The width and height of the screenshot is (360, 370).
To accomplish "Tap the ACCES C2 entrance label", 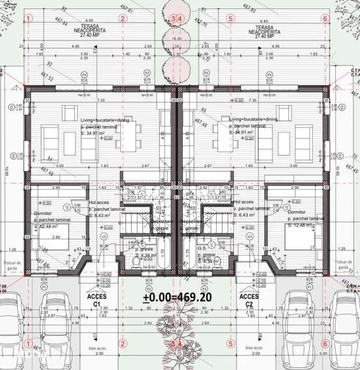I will point(249,300).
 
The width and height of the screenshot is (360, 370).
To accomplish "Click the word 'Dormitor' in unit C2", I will point(299,211).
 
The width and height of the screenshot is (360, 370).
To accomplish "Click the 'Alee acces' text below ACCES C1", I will point(92,348).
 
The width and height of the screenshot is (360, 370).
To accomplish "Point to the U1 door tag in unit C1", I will point(103,236).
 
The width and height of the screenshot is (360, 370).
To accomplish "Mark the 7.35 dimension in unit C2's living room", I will point(252,100).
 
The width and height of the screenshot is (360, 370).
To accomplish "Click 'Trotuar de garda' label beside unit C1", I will point(12,264).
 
